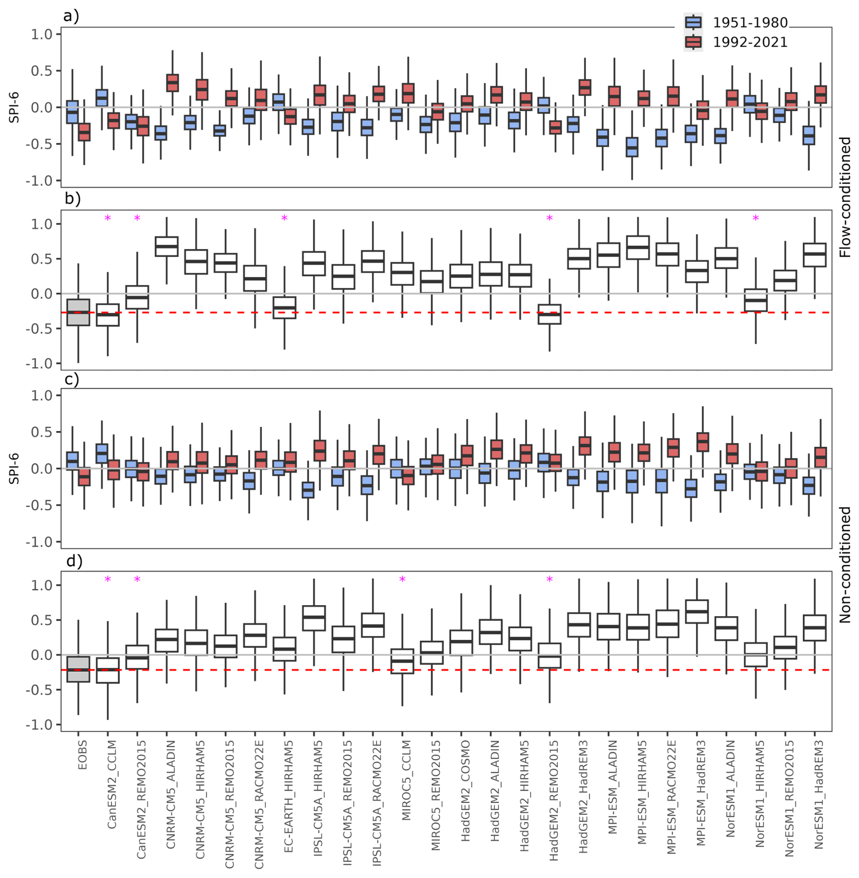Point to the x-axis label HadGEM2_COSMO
pos(465,790)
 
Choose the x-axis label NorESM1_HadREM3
pos(818,794)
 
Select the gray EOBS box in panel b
pos(78,312)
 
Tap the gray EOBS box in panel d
pos(78,669)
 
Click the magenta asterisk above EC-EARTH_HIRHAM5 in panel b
pos(284,219)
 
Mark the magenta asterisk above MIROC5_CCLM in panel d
pos(402,580)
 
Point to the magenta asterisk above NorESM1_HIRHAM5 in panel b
pos(755,219)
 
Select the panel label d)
pos(74,562)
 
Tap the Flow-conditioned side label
pos(844,197)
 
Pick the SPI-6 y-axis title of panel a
pos(14,107)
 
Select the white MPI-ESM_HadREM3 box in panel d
pos(696,611)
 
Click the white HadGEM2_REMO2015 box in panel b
pos(549,314)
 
